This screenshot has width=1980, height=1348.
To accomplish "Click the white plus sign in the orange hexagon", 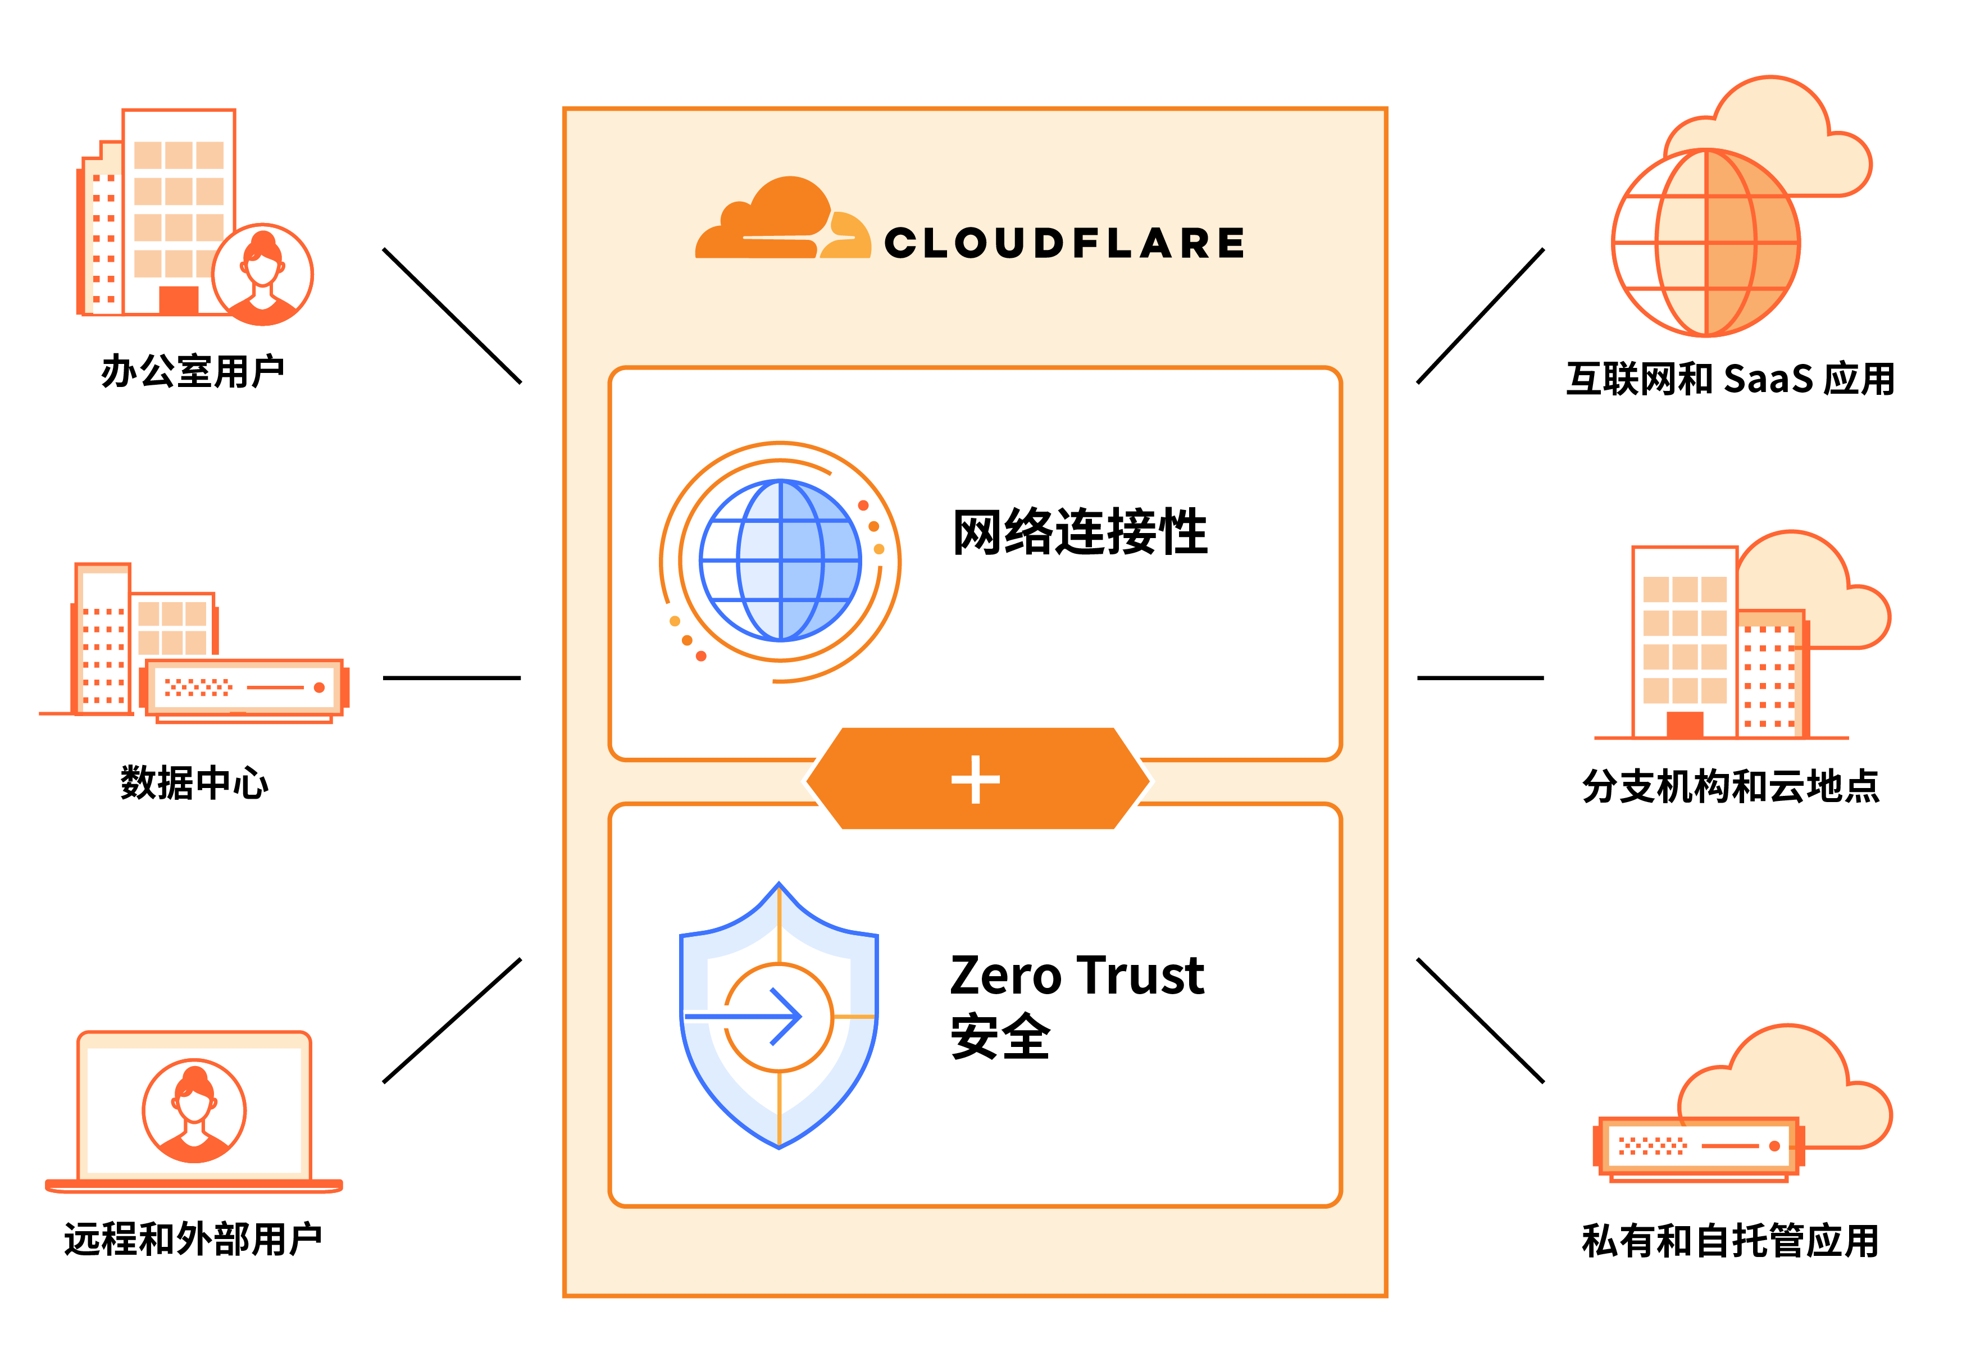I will point(976,779).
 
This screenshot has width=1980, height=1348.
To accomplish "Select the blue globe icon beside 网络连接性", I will point(780,561).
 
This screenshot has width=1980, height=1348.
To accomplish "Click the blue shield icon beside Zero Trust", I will point(779,1015).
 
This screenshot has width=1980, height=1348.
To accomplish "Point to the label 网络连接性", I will point(1080,532).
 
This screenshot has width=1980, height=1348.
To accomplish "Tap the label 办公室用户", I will point(193,371).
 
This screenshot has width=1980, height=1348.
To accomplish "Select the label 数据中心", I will point(194,782).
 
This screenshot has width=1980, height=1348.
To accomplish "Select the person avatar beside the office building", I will point(262,274).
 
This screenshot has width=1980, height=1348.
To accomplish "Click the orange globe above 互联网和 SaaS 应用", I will point(1706,243).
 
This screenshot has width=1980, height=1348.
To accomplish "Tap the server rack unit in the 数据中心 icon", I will point(244,687).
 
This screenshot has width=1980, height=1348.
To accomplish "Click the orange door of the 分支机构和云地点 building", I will point(1685,725).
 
